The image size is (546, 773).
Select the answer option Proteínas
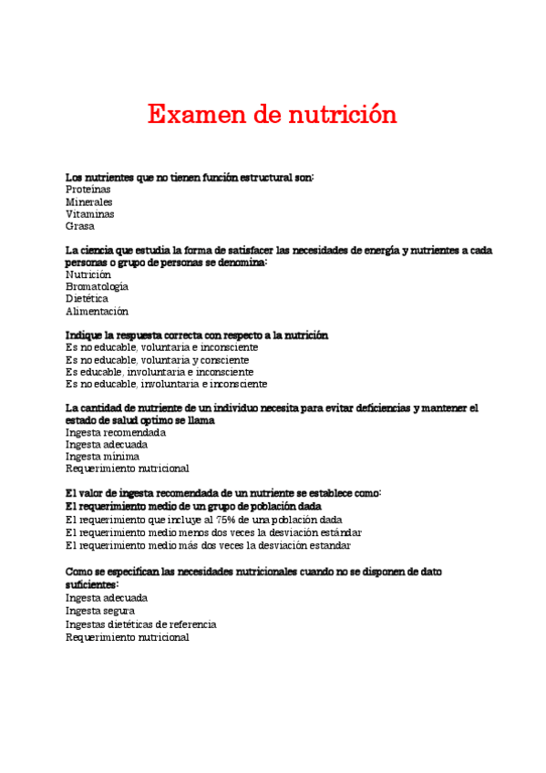tap(88, 189)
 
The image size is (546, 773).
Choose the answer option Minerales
tap(89, 201)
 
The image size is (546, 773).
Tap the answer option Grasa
tap(80, 226)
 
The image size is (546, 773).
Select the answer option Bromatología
tap(97, 286)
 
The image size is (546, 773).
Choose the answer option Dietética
tap(87, 298)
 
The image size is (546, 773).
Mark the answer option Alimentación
tap(97, 311)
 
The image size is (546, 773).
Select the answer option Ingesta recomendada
tap(116, 432)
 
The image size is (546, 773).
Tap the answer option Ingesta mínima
tap(103, 456)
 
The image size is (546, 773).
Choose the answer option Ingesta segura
tap(100, 611)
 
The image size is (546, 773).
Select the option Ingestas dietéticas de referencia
tap(140, 624)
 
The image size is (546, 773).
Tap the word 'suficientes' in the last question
tap(91, 583)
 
